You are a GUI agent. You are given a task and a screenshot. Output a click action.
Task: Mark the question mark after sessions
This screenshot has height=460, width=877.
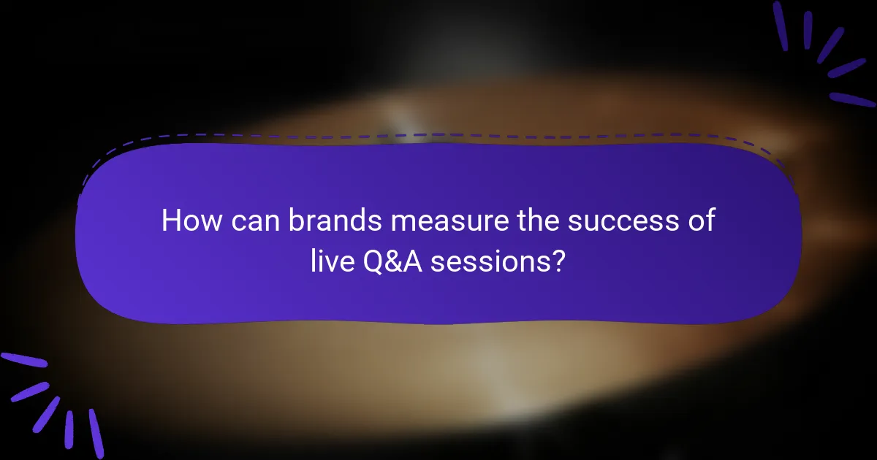coord(558,261)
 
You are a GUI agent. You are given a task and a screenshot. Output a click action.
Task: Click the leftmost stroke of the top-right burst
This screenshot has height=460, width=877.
coord(781,26)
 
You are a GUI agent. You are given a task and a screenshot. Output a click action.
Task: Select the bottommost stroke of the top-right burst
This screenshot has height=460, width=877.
coord(851,99)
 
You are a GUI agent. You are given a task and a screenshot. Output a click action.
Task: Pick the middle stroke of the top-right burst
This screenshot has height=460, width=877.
coord(829,45)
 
